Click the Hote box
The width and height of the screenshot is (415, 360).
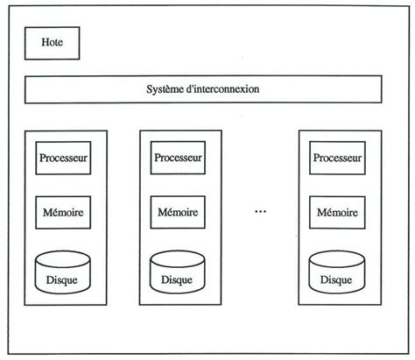coord(53,42)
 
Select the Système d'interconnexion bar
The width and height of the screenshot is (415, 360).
coord(202,89)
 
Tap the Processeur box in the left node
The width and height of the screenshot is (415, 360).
coord(64,159)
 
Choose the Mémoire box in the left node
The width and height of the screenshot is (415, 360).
coord(64,212)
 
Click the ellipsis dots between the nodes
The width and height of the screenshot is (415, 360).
coord(259,212)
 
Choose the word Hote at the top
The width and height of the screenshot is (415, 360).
coord(53,42)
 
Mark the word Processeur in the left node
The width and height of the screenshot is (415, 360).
coord(64,159)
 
